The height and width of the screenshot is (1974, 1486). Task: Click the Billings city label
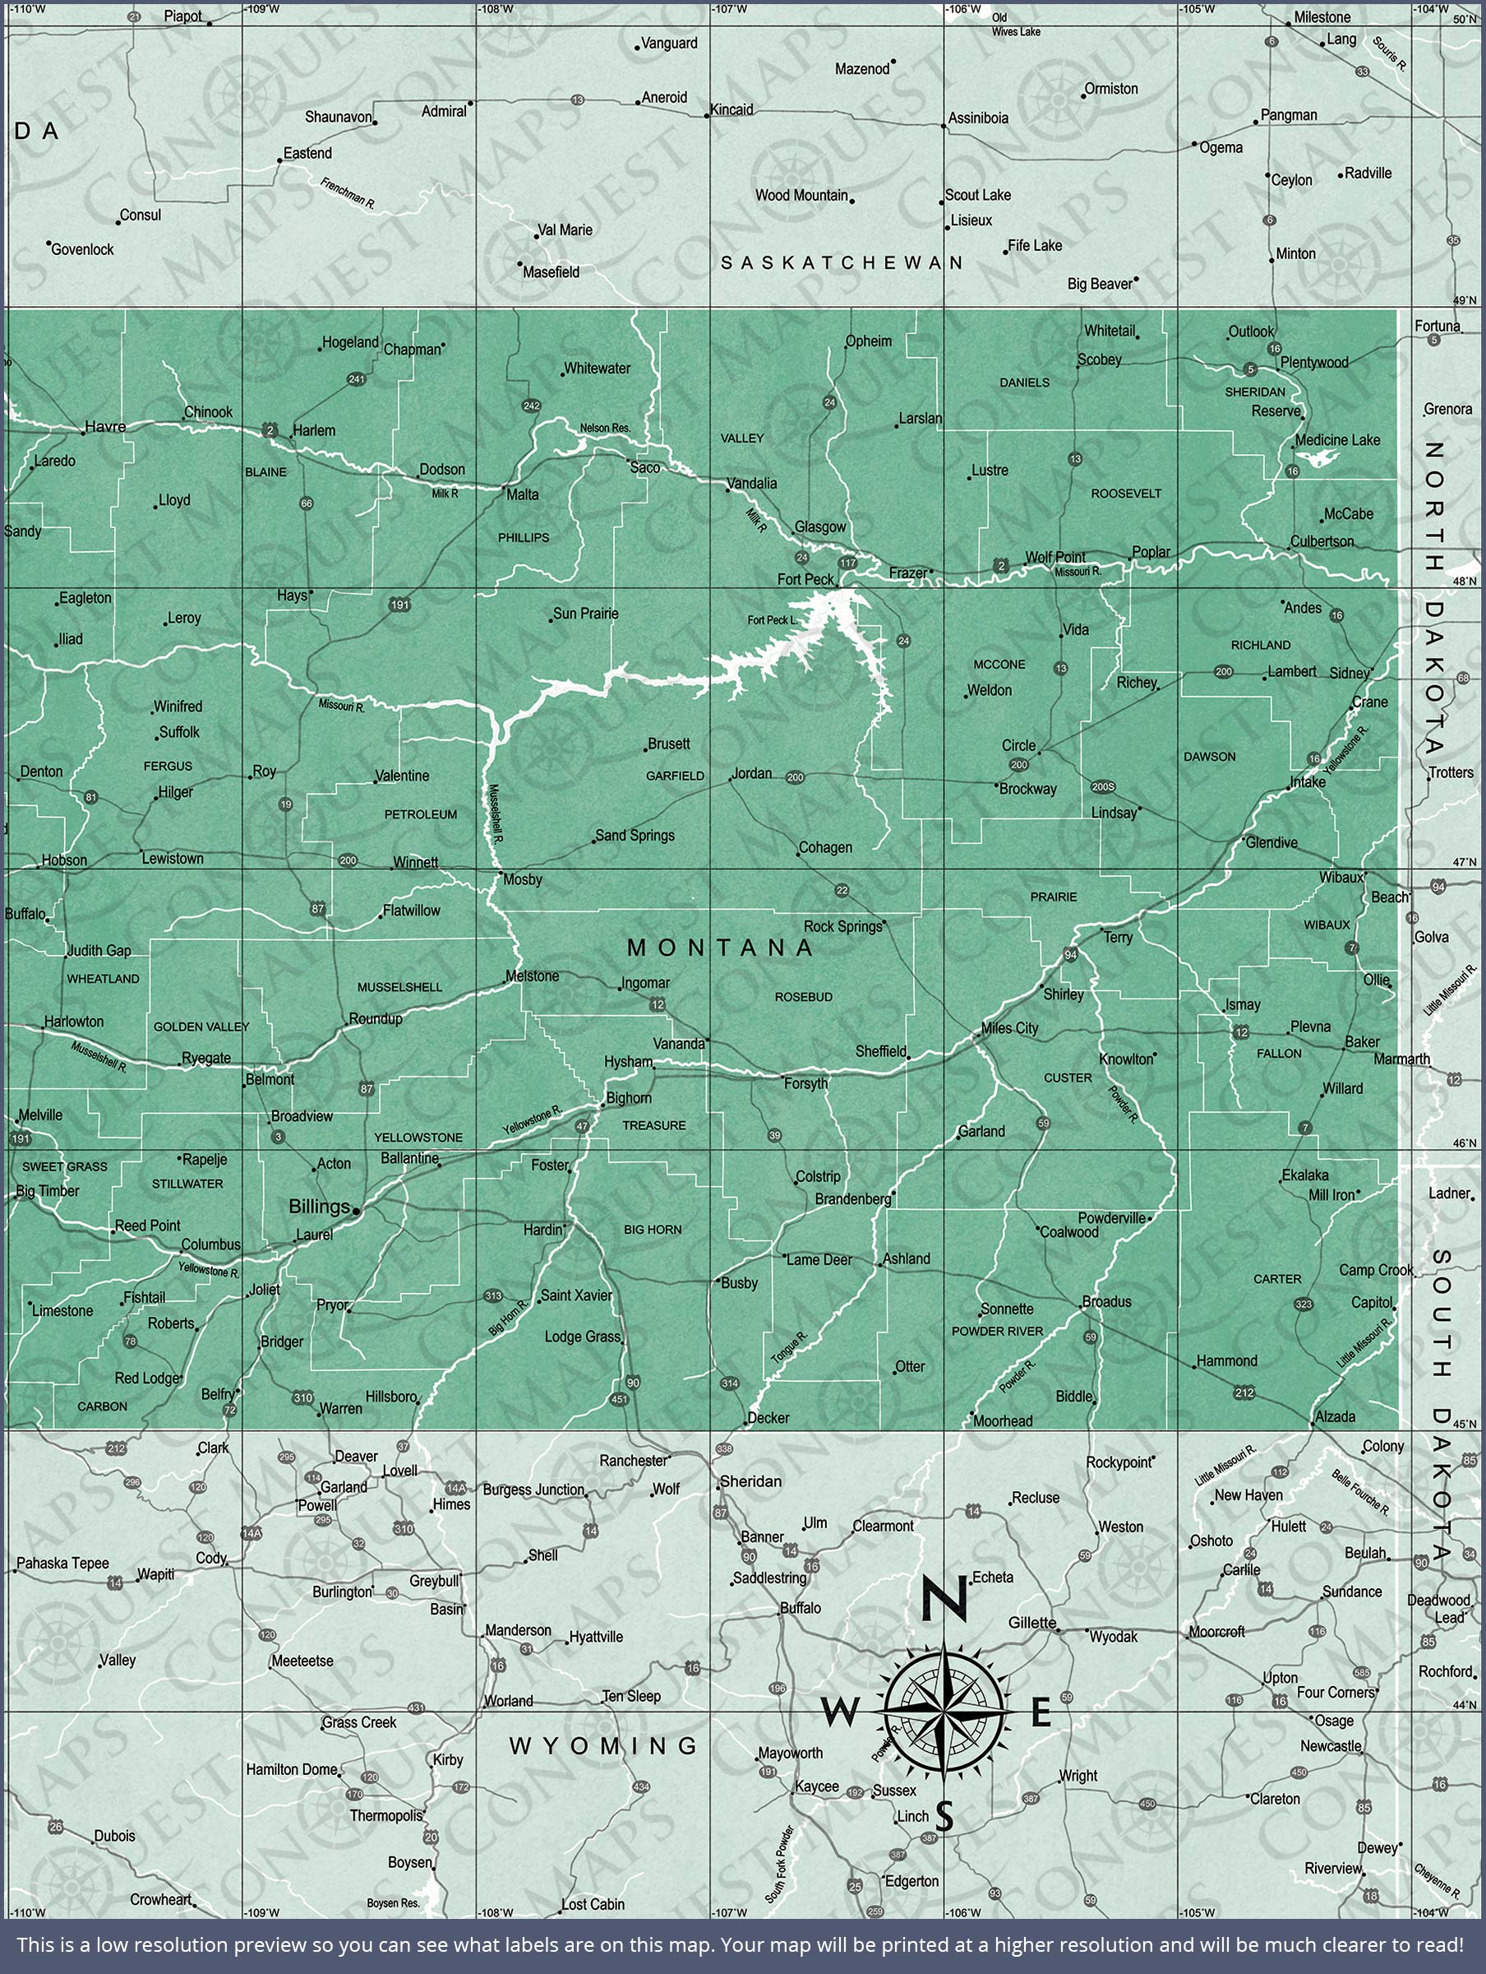pos(318,1207)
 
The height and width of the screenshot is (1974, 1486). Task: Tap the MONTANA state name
pos(721,948)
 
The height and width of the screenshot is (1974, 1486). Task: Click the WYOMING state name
pos(603,1745)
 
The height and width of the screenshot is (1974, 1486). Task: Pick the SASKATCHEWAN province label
pos(842,262)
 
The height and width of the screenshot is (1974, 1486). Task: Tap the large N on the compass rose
pos(944,1598)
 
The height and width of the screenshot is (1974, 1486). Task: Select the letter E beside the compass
pos(1041,1712)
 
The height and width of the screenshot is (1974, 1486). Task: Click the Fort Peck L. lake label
pos(773,620)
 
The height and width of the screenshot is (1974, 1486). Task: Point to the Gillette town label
pos(1032,1623)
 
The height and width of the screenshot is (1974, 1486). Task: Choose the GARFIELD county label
pos(676,776)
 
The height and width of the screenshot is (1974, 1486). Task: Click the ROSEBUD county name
pos(804,997)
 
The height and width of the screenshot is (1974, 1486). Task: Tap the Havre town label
pos(105,427)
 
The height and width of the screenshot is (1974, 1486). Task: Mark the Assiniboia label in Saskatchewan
pos(979,118)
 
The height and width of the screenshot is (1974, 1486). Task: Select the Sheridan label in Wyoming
pos(750,1481)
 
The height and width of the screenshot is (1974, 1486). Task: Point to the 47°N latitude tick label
pos(1464,863)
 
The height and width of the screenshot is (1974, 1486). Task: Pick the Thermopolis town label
pos(386,1816)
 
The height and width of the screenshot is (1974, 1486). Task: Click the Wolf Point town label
pos(1055,557)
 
